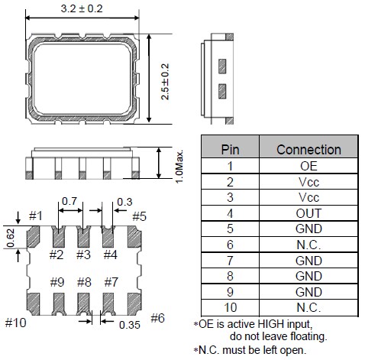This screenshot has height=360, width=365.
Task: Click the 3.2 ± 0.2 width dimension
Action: click(82, 9)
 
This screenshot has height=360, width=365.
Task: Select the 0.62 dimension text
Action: click(9, 238)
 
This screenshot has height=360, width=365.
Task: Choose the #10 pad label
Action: click(15, 322)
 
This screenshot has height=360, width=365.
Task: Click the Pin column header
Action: click(230, 149)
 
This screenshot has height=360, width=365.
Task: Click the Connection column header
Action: click(308, 149)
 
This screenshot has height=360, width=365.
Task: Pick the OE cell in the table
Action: click(308, 165)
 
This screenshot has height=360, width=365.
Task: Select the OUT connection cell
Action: click(308, 213)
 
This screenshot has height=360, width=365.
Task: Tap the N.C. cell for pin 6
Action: click(308, 245)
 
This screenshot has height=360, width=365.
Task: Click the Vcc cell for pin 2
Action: click(308, 181)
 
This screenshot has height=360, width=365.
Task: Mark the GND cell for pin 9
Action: click(308, 292)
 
